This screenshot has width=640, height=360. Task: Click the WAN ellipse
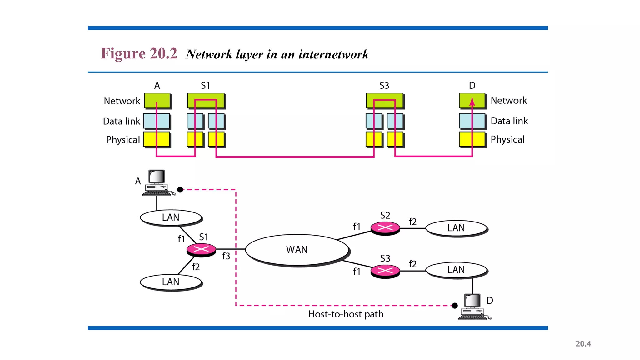[x=297, y=250]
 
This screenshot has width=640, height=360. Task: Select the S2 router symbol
[x=385, y=228]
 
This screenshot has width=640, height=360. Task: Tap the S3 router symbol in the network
[x=385, y=271]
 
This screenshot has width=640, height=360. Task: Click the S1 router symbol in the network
[x=201, y=249]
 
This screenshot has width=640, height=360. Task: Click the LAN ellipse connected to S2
[x=456, y=228]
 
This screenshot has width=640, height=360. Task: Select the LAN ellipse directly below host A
[x=171, y=217]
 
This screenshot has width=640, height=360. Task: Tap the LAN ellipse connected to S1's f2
[x=171, y=282]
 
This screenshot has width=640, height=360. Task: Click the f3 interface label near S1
[x=226, y=256]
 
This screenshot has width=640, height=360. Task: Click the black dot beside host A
[x=180, y=190]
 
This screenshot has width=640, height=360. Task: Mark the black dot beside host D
[x=455, y=306]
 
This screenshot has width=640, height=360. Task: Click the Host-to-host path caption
[x=346, y=314]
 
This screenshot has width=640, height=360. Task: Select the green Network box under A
[x=157, y=101]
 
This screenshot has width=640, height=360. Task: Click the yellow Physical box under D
[x=472, y=139]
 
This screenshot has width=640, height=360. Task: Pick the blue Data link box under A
[x=157, y=121]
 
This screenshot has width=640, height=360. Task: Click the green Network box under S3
[x=385, y=100]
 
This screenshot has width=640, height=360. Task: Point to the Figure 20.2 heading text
[x=139, y=53]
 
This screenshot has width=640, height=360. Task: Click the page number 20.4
[x=583, y=344]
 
